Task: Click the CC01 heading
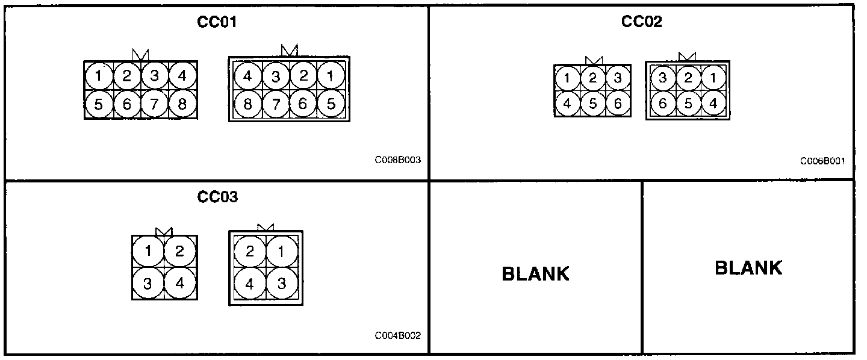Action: tap(217, 22)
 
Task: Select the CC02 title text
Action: tap(641, 22)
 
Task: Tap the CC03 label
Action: tap(217, 197)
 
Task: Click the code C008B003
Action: tap(397, 161)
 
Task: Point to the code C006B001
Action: tap(822, 161)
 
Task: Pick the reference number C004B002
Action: tap(397, 335)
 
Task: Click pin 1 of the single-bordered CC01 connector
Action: tap(99, 76)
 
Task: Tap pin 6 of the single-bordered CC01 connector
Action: tap(126, 105)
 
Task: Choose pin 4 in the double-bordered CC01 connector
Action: tap(247, 76)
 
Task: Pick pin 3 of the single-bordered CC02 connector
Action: tap(618, 78)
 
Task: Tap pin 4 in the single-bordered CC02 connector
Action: tap(567, 103)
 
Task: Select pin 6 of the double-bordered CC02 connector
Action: tap(662, 103)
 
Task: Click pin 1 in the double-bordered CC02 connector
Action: tap(713, 78)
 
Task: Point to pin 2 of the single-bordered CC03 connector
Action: tap(179, 251)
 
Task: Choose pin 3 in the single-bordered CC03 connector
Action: tap(148, 283)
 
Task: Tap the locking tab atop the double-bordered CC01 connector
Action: tap(290, 52)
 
